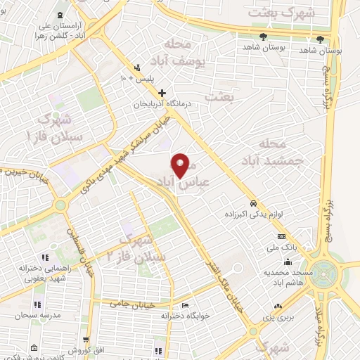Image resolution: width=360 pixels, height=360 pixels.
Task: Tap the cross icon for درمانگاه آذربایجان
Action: (162, 93)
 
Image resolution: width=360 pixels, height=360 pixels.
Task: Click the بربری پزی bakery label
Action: (285, 318)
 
